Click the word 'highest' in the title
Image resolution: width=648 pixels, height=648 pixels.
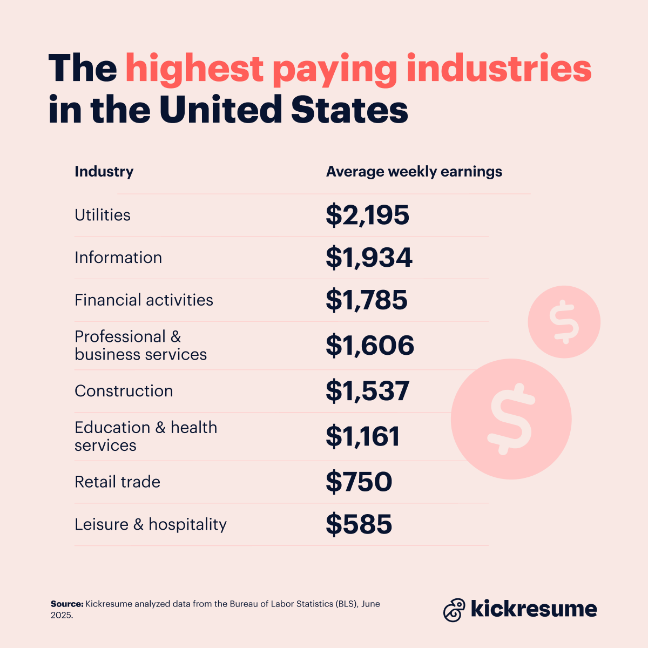coord(194,69)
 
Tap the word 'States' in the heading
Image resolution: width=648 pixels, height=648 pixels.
coord(349,110)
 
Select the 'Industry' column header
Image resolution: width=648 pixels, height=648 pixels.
coord(104,172)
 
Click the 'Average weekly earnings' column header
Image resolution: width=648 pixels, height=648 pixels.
coord(414,172)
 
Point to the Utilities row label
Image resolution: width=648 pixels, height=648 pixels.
coord(103,215)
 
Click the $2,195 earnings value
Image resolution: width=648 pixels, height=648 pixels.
coord(367,215)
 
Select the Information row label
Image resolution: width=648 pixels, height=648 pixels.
coord(118,258)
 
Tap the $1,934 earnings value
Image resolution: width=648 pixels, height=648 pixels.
coord(369,258)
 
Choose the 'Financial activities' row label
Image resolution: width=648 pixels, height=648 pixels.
coord(144,300)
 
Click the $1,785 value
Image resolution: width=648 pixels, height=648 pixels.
coord(366,300)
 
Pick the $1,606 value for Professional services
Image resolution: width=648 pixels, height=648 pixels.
coord(369,346)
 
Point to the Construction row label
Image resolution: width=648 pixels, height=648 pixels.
coord(124,391)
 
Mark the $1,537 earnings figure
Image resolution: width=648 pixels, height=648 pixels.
coord(367,391)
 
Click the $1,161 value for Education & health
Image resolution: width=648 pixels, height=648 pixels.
coord(362,436)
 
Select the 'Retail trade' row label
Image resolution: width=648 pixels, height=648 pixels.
coord(117,482)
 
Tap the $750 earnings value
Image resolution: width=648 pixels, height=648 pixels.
coord(359,482)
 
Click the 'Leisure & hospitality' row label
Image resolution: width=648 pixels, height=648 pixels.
coord(151,524)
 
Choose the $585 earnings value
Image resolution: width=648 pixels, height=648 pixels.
coord(359,524)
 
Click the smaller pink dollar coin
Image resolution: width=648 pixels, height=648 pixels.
coord(564,322)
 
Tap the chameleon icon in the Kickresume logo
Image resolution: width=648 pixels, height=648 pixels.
coord(454,610)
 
